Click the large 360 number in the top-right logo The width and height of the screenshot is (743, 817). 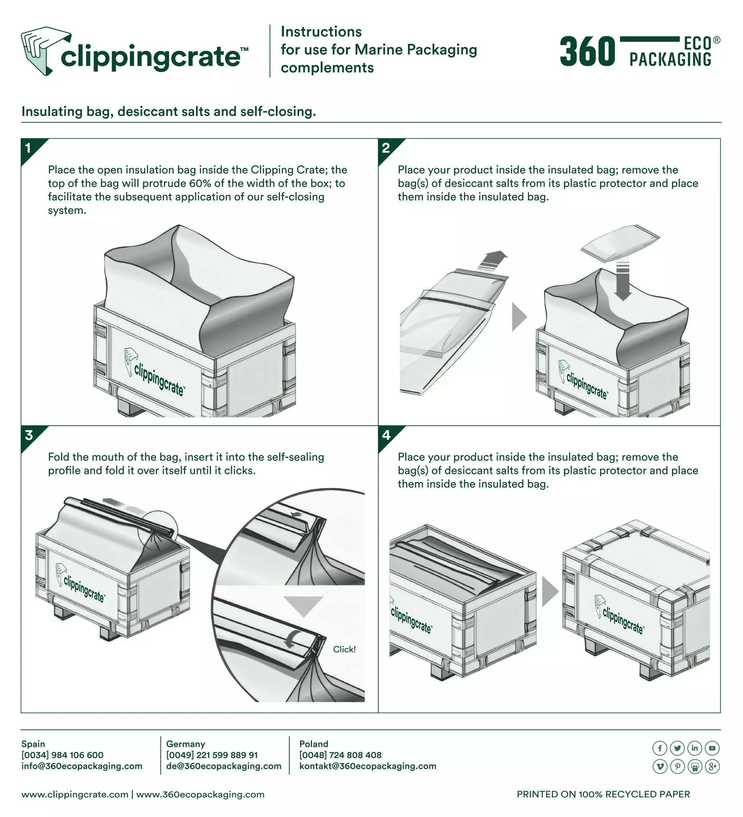[x=587, y=52]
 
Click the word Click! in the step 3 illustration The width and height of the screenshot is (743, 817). [x=344, y=649]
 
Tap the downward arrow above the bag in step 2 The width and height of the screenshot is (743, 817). [x=622, y=279]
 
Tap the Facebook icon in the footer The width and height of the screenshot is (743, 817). [x=660, y=748]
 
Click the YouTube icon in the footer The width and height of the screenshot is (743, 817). [x=712, y=748]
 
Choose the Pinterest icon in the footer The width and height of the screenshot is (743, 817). [x=677, y=766]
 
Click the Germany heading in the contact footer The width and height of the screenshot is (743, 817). [x=185, y=744]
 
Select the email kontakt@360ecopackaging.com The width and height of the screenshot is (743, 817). [x=368, y=766]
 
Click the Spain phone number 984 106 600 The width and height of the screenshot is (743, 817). [x=77, y=755]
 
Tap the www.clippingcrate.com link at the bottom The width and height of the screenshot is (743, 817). [x=75, y=794]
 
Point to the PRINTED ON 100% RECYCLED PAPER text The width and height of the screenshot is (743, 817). [x=603, y=794]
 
